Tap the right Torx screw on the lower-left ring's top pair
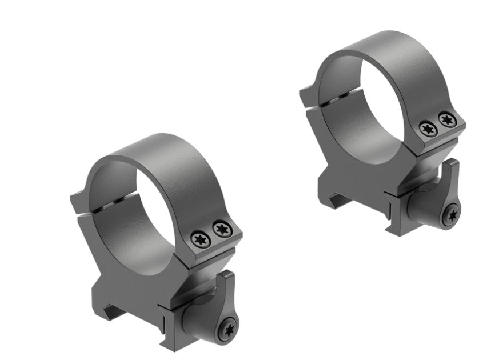point(219,230)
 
